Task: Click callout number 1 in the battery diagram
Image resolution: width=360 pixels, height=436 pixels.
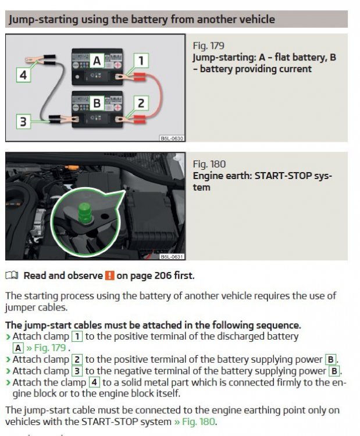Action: [141, 60]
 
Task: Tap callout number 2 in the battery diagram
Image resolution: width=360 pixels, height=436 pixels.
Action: [141, 103]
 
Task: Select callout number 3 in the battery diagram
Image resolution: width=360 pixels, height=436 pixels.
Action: [23, 121]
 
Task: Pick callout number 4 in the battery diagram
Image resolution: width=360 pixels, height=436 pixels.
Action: [23, 75]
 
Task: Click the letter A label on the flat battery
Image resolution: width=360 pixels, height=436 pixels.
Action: [97, 61]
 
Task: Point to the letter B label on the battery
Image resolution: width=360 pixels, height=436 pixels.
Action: [97, 103]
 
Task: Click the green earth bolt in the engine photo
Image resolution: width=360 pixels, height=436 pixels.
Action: [84, 213]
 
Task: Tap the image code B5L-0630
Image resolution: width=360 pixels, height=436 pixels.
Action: [172, 138]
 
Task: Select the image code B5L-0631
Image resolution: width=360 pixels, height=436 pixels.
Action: [172, 256]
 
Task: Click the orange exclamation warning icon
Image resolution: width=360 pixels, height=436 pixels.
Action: [109, 276]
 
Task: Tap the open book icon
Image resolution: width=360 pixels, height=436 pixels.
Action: [12, 276]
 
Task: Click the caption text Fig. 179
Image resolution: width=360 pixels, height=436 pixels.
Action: [208, 45]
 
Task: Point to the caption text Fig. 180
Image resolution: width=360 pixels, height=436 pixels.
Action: [209, 164]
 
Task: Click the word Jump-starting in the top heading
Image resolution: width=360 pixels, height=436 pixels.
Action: [44, 19]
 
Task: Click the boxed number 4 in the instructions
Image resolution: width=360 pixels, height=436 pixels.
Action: [94, 383]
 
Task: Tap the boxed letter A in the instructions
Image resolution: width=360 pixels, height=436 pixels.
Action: [18, 348]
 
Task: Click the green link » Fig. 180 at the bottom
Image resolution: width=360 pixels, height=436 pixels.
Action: [195, 421]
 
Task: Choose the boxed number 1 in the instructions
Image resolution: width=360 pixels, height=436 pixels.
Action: [77, 337]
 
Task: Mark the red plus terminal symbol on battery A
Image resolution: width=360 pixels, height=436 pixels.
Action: [118, 65]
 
